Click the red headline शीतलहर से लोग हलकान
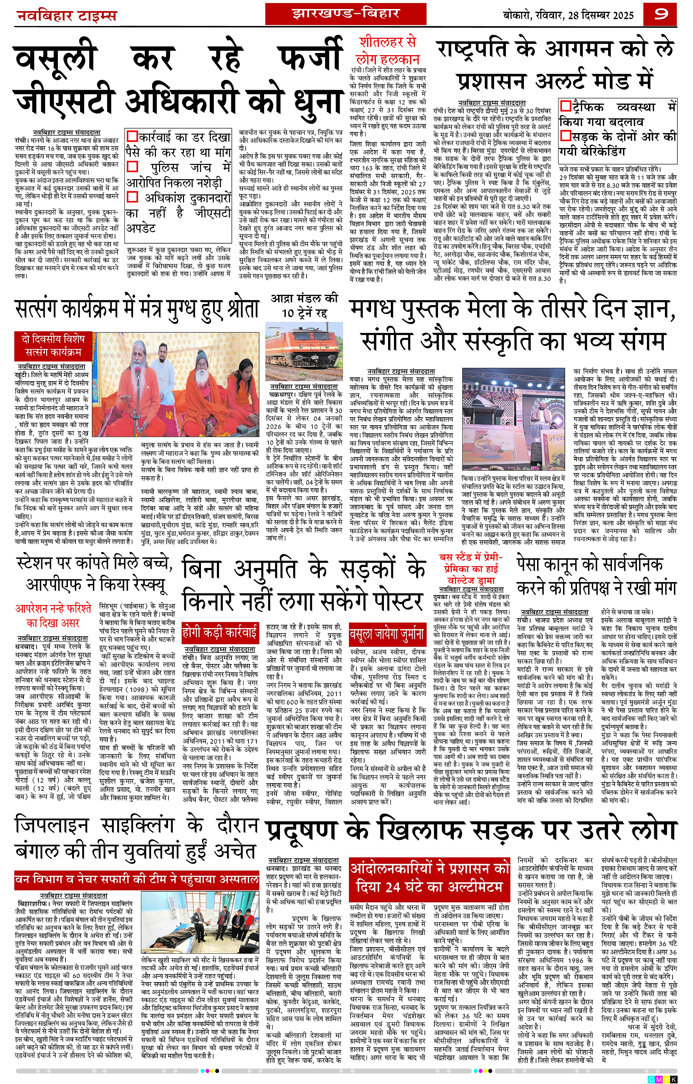point(387,50)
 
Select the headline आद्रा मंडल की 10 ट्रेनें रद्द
point(304,306)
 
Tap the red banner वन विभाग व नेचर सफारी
point(137,879)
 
